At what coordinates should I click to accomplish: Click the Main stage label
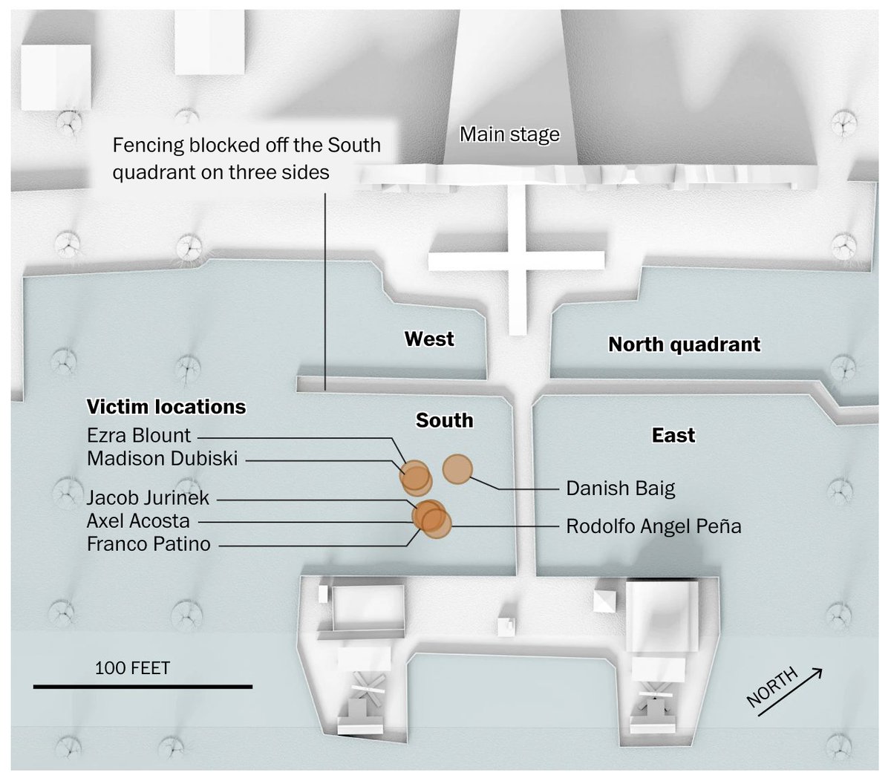click(x=509, y=135)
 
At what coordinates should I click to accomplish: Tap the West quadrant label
click(x=429, y=339)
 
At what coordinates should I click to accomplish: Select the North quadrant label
click(x=684, y=344)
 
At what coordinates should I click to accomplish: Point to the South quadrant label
click(x=444, y=420)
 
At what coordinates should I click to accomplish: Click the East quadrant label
click(x=673, y=435)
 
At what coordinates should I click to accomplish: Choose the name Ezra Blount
click(x=139, y=435)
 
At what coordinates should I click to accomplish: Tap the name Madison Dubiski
click(x=162, y=458)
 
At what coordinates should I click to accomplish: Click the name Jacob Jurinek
click(x=148, y=497)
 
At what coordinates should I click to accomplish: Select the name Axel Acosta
click(x=138, y=520)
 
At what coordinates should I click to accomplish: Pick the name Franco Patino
click(x=148, y=544)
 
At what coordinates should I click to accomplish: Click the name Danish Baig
click(x=621, y=489)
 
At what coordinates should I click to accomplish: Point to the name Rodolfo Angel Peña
click(x=653, y=526)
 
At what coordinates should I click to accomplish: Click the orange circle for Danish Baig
click(x=457, y=469)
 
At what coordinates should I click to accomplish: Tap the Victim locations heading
click(x=166, y=407)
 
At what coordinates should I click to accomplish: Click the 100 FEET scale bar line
click(x=143, y=687)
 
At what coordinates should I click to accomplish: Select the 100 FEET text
click(x=132, y=667)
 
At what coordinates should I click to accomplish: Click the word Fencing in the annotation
click(x=146, y=144)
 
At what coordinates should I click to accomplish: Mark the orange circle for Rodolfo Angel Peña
click(x=437, y=524)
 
